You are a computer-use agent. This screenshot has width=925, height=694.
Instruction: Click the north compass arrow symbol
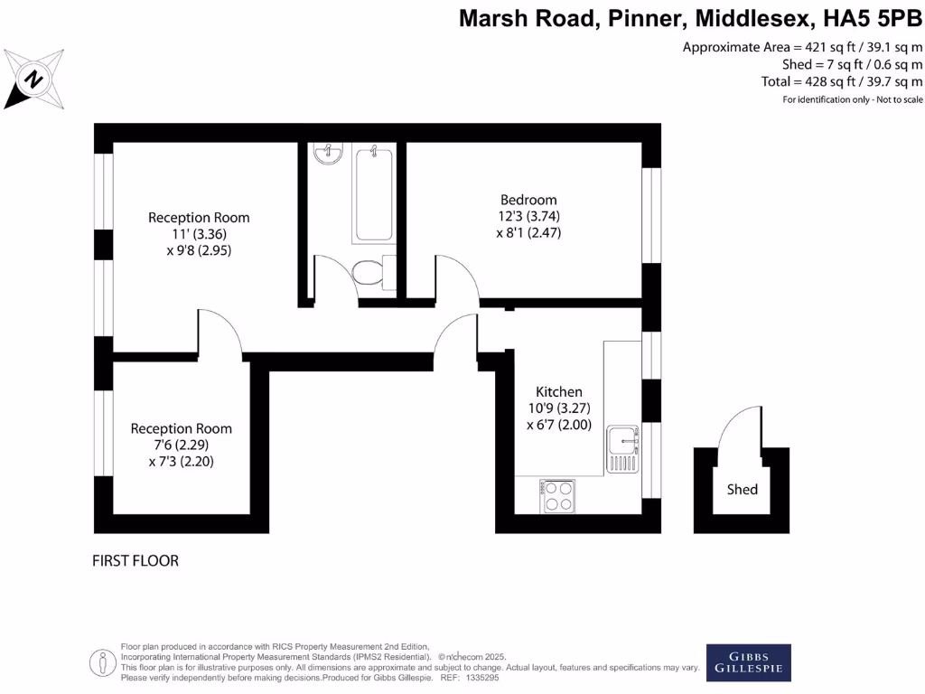click(x=34, y=79)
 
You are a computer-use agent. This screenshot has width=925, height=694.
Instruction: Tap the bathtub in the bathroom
click(x=374, y=195)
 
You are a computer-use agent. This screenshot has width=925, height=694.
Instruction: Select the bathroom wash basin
click(x=328, y=155)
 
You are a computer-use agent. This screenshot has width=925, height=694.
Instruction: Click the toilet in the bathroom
click(x=369, y=272)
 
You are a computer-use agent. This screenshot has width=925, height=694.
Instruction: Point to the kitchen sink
click(x=622, y=442)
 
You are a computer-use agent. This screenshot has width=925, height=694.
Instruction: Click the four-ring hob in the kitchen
click(x=557, y=495)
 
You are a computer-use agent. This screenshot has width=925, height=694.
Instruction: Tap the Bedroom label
click(x=528, y=200)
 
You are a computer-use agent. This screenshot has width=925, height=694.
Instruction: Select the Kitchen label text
click(x=559, y=391)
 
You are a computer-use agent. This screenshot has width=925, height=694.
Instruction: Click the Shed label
click(x=743, y=489)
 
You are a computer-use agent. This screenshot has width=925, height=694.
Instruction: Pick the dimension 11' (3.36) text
click(x=199, y=235)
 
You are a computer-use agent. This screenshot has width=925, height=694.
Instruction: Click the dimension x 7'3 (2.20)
click(x=181, y=461)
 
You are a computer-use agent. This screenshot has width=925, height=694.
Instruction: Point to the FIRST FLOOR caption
click(x=135, y=561)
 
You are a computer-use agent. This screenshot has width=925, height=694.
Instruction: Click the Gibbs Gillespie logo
click(x=748, y=662)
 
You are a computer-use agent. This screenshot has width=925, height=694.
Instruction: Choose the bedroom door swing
click(x=459, y=276)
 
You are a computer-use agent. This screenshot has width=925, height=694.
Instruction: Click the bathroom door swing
click(x=332, y=276)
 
